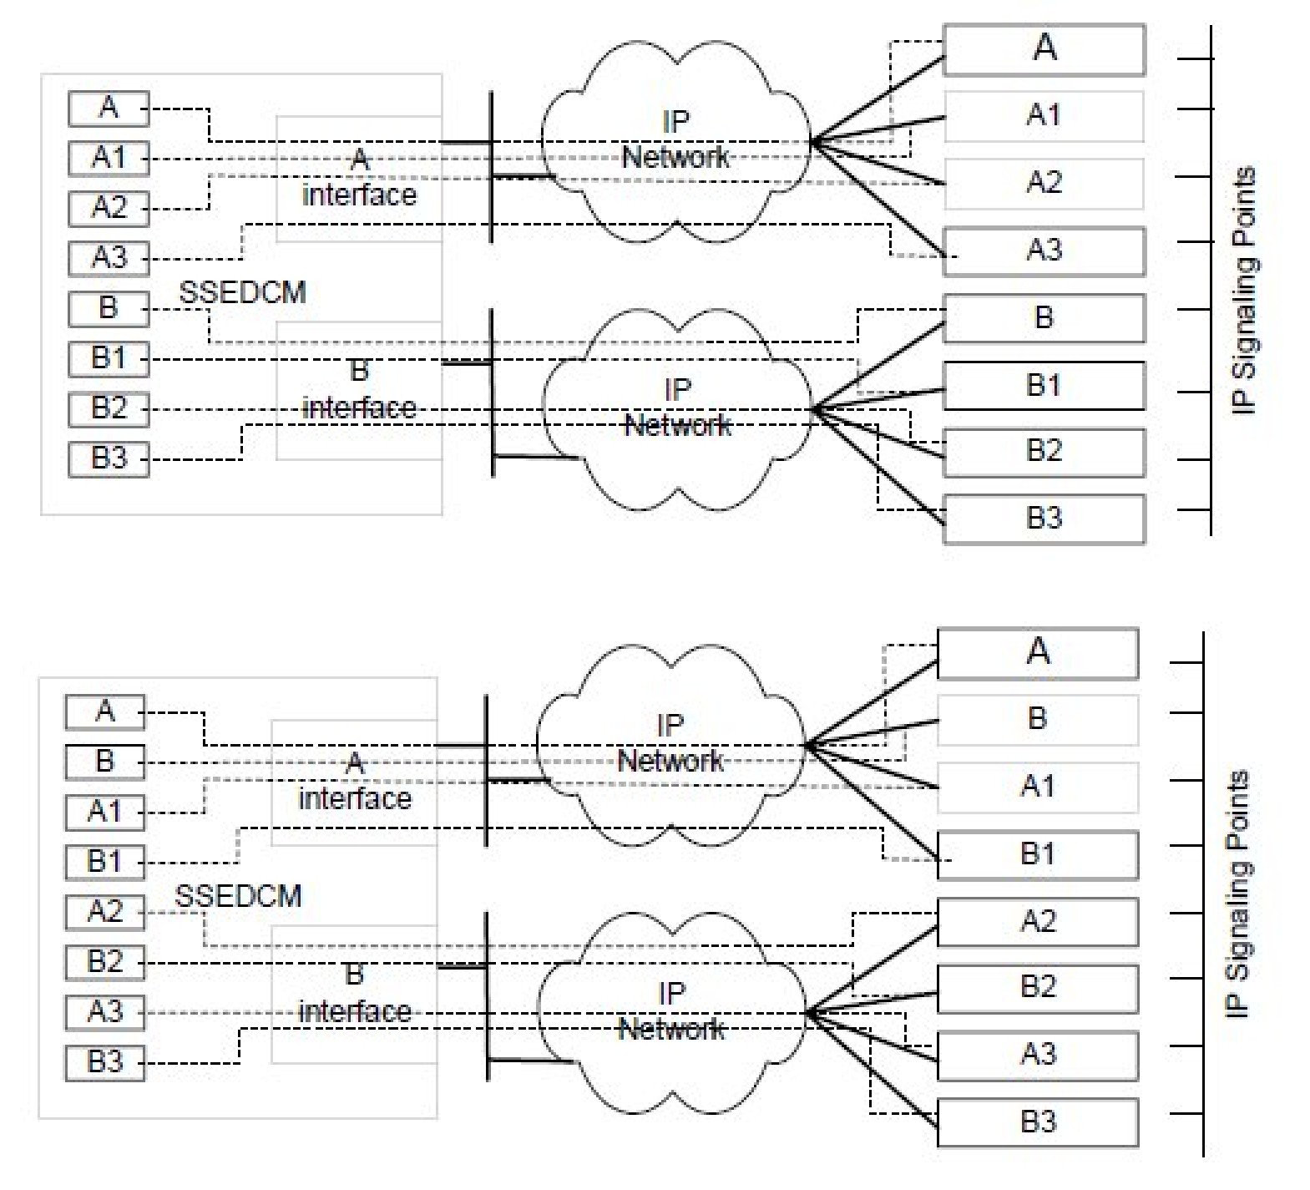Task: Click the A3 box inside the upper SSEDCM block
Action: pyautogui.click(x=109, y=258)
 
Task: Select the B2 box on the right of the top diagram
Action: pyautogui.click(x=1044, y=452)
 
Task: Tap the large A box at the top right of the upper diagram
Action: pyautogui.click(x=1044, y=49)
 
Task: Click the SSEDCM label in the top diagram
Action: pyautogui.click(x=242, y=293)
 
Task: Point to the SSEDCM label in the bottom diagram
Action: pyautogui.click(x=238, y=896)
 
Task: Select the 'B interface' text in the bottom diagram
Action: pyautogui.click(x=355, y=994)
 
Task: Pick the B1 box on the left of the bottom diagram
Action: pyautogui.click(x=105, y=861)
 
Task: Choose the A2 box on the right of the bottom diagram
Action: pyautogui.click(x=1038, y=921)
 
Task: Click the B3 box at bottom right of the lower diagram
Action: pyautogui.click(x=1038, y=1122)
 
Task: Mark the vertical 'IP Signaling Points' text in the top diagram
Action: pyautogui.click(x=1244, y=290)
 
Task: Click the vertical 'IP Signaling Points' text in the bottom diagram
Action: pyautogui.click(x=1238, y=894)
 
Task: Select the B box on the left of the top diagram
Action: pyautogui.click(x=109, y=308)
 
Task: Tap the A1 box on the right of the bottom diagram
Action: pyautogui.click(x=1038, y=787)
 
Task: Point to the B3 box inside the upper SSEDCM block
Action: pyautogui.click(x=109, y=458)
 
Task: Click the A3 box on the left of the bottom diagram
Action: pyautogui.click(x=105, y=1011)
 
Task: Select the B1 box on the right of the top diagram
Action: pyautogui.click(x=1044, y=385)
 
